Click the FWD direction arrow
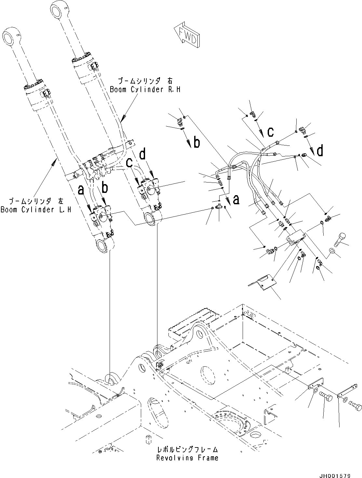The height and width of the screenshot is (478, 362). pyautogui.click(x=187, y=36)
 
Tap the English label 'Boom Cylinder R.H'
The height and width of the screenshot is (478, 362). pyautogui.click(x=145, y=89)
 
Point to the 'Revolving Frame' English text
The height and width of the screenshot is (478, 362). pyautogui.click(x=187, y=458)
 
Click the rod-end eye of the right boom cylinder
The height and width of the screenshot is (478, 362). pyautogui.click(x=59, y=8)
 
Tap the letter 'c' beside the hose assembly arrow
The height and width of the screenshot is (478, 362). pyautogui.click(x=270, y=132)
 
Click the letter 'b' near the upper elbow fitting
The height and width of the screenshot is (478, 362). pyautogui.click(x=196, y=143)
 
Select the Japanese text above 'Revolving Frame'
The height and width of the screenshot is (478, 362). pyautogui.click(x=187, y=450)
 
